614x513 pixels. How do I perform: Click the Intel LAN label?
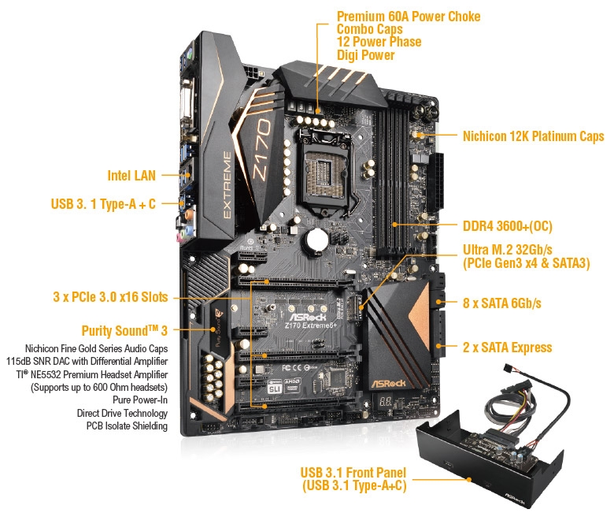coord(131,176)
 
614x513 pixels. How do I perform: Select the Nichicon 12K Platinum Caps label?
coord(534,136)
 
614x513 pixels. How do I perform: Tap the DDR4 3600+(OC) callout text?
coord(508,226)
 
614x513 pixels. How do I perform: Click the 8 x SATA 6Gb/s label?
coord(502,303)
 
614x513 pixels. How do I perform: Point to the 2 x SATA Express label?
coord(508,348)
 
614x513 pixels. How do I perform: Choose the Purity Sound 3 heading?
coord(124,331)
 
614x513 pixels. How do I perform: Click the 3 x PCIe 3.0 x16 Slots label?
coord(110,297)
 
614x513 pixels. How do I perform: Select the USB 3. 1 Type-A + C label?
coord(103,204)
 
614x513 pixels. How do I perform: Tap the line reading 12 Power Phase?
coord(379,42)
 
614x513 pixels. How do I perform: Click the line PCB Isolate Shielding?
coord(127,426)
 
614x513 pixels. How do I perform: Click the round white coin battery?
coord(316,239)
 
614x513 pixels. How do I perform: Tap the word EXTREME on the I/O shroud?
coord(227,184)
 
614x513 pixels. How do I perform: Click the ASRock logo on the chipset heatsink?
coord(388,383)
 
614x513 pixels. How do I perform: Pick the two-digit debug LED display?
coord(385,402)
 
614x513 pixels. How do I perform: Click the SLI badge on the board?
coord(275,388)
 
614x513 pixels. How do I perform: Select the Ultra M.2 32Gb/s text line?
coord(508,250)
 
